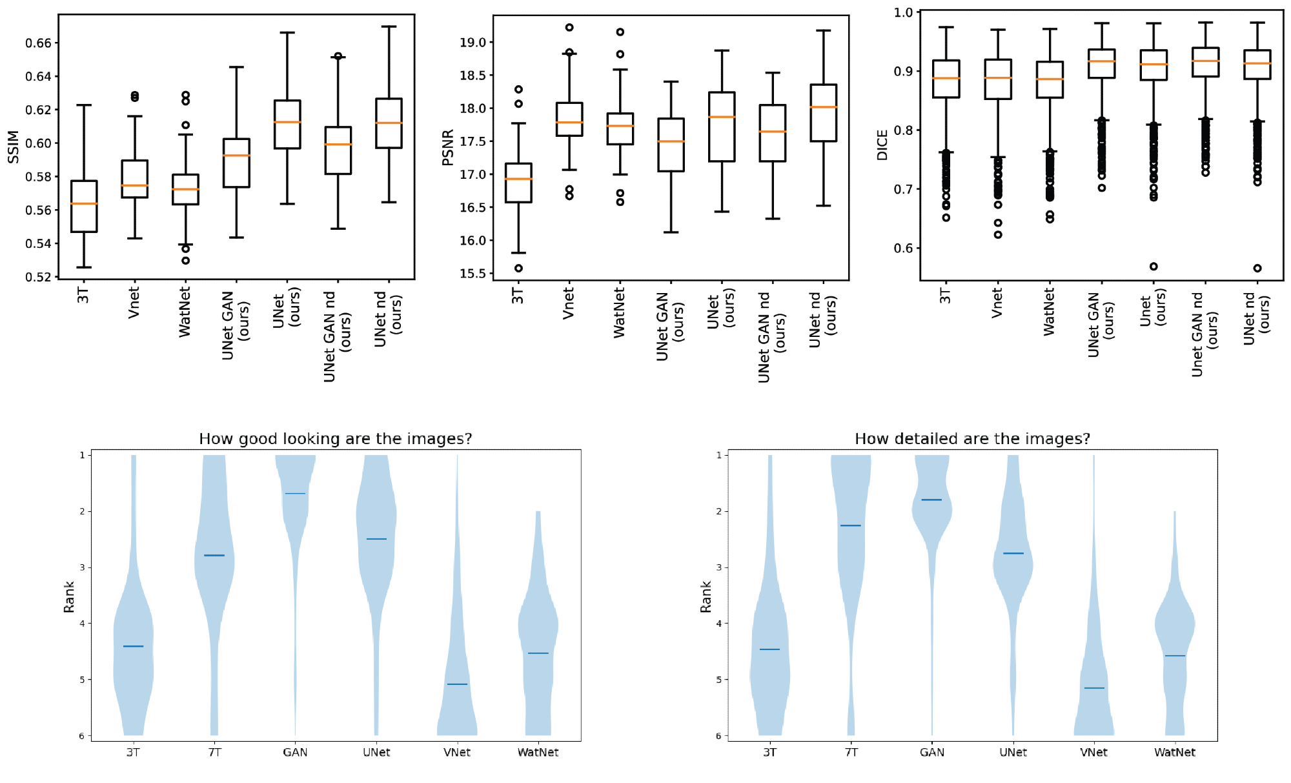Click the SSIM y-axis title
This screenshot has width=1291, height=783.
13,147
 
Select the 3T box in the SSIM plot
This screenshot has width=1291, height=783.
84,207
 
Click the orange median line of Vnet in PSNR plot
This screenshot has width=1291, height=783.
569,122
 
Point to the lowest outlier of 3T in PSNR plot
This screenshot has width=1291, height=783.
518,268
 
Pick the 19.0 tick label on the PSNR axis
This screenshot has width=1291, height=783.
473,43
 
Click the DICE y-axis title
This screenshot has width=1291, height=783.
882,145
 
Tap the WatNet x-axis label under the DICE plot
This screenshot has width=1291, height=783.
1050,312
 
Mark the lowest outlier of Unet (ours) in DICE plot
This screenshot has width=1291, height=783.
1154,266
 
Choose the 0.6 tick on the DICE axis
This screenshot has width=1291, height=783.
903,249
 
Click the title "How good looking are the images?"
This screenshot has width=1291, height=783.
335,439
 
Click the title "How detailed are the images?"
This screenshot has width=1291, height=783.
972,439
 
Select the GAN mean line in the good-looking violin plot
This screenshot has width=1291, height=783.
295,494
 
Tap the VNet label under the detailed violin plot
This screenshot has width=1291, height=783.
1094,753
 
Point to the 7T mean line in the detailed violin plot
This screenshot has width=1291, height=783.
851,525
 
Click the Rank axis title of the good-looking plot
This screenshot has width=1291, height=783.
69,596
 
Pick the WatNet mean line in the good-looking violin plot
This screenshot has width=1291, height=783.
538,653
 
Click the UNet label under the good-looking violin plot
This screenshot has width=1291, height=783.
376,753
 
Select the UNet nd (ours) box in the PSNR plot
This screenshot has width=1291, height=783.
824,113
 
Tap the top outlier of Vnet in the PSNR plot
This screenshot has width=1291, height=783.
569,28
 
